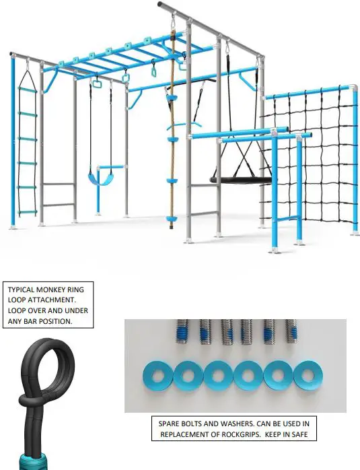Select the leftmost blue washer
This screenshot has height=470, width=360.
click(158, 376)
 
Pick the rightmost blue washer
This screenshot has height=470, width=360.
click(308, 374)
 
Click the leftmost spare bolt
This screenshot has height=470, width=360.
click(182, 331)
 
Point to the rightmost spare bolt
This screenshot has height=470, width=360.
click(291, 331)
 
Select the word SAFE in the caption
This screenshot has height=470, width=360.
click(299, 434)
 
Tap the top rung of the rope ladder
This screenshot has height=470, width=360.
click(28, 89)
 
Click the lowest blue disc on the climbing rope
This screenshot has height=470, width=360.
click(172, 219)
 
